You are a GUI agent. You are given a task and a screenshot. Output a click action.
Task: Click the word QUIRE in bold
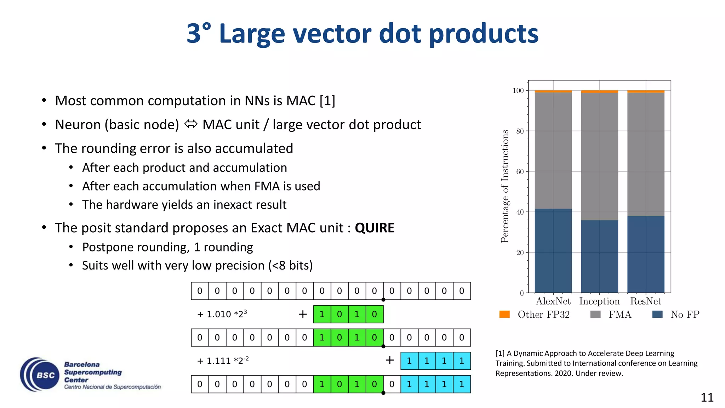point(374,228)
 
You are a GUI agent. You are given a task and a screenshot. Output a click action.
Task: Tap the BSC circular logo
point(40,374)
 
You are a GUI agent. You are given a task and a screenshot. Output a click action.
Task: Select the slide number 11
point(707,397)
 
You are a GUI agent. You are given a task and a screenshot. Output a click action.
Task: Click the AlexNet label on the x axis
point(553,301)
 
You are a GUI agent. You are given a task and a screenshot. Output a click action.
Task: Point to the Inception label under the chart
point(599,301)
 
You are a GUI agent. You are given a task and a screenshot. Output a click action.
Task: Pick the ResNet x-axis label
point(645,301)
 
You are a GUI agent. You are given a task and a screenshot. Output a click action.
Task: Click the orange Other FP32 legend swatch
point(504,314)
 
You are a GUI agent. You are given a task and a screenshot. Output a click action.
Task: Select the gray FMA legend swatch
point(595,314)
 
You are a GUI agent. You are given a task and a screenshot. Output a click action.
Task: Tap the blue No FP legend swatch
point(657,314)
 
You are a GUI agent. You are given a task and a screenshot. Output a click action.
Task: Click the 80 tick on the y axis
point(520,131)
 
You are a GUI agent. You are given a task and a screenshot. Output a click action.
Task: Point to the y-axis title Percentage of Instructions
point(505,186)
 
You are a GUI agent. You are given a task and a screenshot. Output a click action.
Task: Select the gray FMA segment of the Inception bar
point(599,156)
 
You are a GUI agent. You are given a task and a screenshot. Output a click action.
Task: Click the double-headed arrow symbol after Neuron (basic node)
point(191,124)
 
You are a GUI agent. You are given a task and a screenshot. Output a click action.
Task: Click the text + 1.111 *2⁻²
point(223,361)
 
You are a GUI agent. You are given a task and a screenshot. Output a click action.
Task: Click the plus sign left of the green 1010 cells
point(303,314)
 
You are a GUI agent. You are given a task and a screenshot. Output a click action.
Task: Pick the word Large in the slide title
point(252,34)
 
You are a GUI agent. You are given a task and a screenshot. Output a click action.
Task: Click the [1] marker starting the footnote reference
point(500,353)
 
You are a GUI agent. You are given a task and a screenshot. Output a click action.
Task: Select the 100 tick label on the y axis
point(518,91)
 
